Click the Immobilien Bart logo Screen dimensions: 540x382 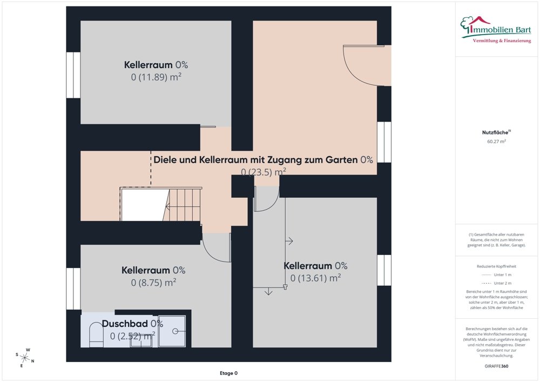click(x=496, y=30)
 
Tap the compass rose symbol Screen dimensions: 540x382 click(x=25, y=358)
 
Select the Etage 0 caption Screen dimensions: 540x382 click(x=228, y=373)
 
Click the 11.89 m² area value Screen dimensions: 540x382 click(x=156, y=77)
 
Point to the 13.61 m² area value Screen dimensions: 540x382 click(x=315, y=278)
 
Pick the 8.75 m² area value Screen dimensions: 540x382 click(x=153, y=283)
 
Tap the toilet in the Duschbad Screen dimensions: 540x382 click(x=96, y=334)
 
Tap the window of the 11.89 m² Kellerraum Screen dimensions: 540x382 click(x=73, y=75)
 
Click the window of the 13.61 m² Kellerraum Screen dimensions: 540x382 click(x=384, y=270)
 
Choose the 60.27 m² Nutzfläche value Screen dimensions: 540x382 click(x=496, y=141)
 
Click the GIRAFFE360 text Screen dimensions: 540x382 click(x=496, y=366)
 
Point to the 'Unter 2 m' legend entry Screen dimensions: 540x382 click(x=496, y=283)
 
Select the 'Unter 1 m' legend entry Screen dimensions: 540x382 click(x=496, y=274)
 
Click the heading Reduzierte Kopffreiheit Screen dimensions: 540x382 click(x=496, y=266)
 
